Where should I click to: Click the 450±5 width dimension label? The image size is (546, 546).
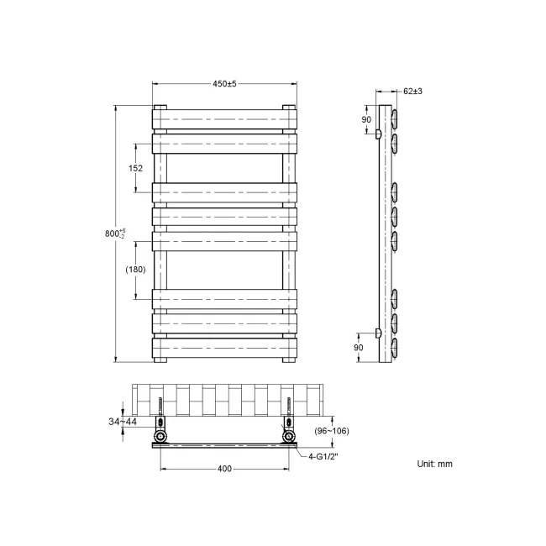click(x=224, y=82)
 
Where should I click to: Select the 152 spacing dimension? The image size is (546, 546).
click(x=136, y=168)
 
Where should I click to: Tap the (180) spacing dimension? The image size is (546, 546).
click(x=136, y=270)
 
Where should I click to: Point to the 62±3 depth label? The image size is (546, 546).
click(x=412, y=91)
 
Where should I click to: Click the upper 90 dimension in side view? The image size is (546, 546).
click(x=365, y=119)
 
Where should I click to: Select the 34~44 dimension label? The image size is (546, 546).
click(x=123, y=421)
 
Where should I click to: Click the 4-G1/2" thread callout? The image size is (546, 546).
click(x=323, y=458)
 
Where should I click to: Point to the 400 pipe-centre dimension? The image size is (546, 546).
click(x=224, y=469)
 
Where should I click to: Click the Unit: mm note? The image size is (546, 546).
click(x=434, y=464)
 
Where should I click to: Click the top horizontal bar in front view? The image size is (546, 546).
click(x=224, y=119)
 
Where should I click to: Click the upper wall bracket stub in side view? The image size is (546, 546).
click(x=378, y=134)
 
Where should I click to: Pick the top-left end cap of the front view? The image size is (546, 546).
click(x=160, y=108)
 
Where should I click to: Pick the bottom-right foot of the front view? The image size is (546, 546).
click(x=290, y=360)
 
